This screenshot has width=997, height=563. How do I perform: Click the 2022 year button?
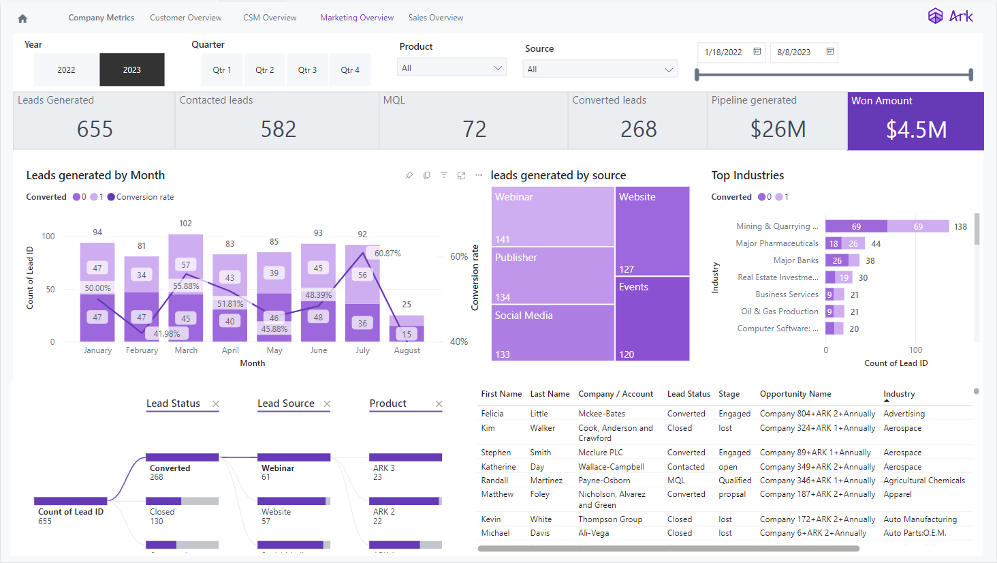[66, 70]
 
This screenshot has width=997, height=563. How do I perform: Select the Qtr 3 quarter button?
[307, 70]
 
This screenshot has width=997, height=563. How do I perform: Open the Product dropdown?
[452, 68]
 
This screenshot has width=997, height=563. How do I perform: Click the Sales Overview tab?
[435, 18]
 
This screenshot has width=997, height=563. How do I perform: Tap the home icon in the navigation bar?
[22, 18]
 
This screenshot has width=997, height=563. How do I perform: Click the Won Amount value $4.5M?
[916, 130]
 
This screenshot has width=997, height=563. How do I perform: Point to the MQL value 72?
[474, 130]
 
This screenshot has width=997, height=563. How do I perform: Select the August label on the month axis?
[407, 350]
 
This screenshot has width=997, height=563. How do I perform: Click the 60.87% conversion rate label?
[387, 254]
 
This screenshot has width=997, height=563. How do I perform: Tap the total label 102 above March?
[185, 224]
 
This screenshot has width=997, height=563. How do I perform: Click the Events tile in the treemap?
[652, 318]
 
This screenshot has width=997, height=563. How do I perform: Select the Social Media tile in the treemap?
[552, 333]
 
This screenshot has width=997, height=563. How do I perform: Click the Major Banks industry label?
[795, 260]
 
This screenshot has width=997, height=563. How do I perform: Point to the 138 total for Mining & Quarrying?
[960, 227]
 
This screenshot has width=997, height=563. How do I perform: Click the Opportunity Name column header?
[795, 394]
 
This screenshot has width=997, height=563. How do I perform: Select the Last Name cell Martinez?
[546, 481]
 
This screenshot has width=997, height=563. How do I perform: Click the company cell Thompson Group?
[610, 519]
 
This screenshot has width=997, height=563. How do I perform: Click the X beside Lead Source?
[327, 404]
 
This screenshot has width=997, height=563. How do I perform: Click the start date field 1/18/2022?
[723, 52]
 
